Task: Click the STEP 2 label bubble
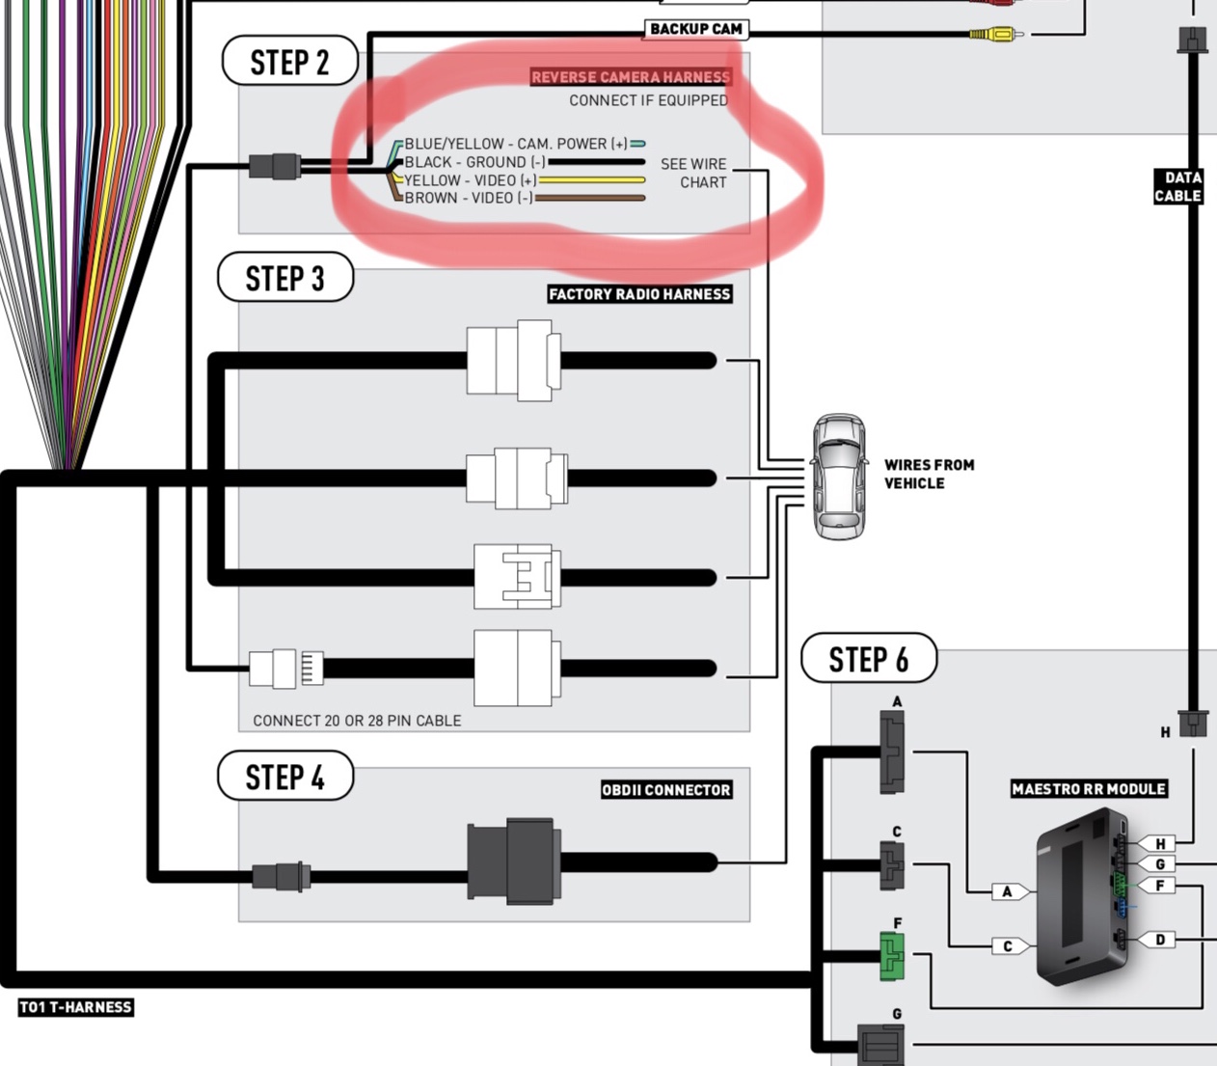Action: (289, 63)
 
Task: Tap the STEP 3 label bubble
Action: (285, 279)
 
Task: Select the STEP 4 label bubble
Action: (285, 777)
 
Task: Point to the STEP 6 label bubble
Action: (868, 659)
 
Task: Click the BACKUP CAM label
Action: (695, 29)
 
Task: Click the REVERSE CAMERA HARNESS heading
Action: (631, 77)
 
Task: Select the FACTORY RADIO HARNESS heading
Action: (639, 294)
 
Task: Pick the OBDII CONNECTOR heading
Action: (665, 790)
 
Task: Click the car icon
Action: (838, 477)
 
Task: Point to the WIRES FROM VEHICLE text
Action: (929, 474)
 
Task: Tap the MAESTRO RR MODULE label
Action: (1089, 789)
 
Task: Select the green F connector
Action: (892, 956)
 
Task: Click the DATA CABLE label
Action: (1178, 186)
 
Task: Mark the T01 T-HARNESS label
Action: (75, 1007)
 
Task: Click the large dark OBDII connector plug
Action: (513, 861)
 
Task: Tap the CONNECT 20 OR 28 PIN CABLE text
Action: (357, 721)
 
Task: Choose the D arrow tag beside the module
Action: (1158, 940)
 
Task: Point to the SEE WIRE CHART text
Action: (694, 173)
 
